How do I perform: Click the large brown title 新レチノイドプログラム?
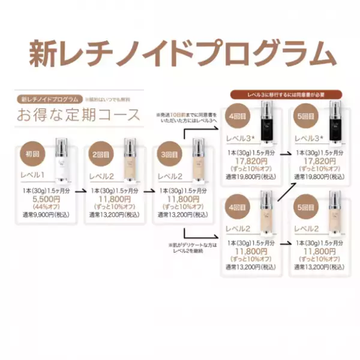179,53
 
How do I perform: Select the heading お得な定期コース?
79,114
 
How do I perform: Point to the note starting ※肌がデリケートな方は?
188,247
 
